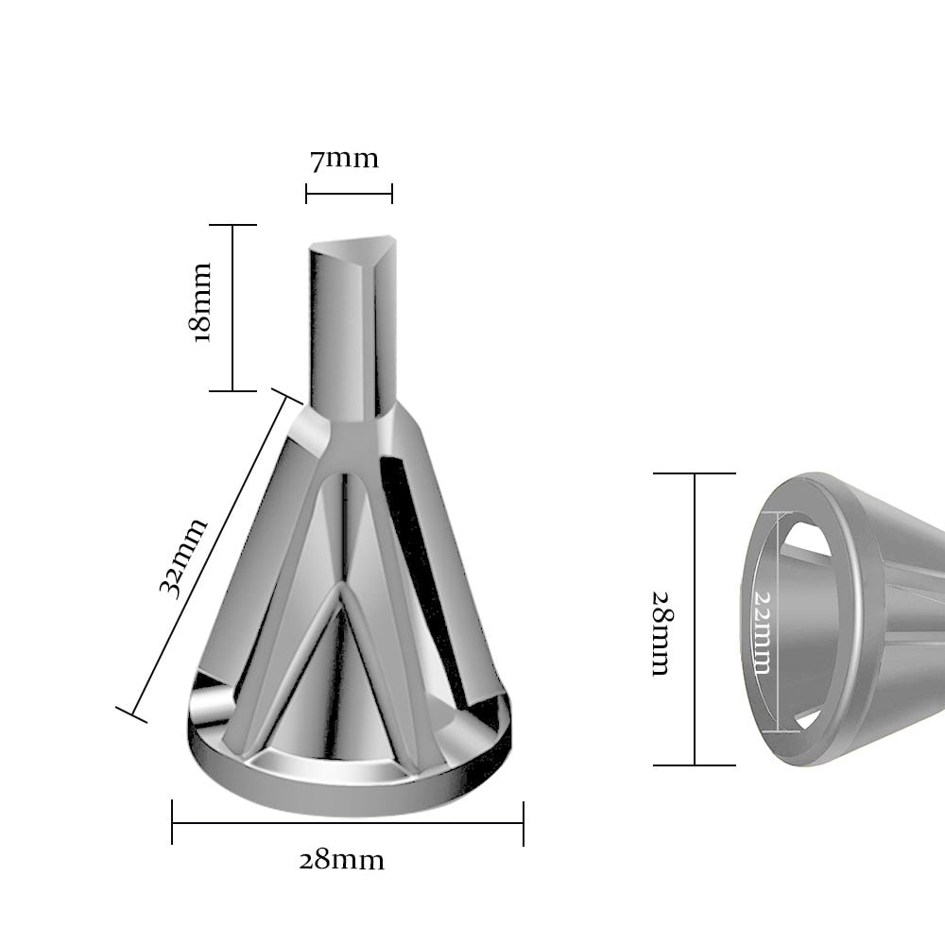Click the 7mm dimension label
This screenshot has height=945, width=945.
click(344, 160)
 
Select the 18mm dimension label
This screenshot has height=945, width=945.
click(200, 303)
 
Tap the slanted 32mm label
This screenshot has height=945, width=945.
click(183, 558)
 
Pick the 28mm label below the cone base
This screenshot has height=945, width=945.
click(342, 861)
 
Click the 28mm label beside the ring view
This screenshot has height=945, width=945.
click(661, 633)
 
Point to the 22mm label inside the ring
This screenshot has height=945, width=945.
click(763, 633)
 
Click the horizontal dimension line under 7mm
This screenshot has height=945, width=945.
click(349, 194)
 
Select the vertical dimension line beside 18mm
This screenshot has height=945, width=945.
click(232, 308)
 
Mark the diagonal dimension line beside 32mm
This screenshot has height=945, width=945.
click(209, 555)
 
